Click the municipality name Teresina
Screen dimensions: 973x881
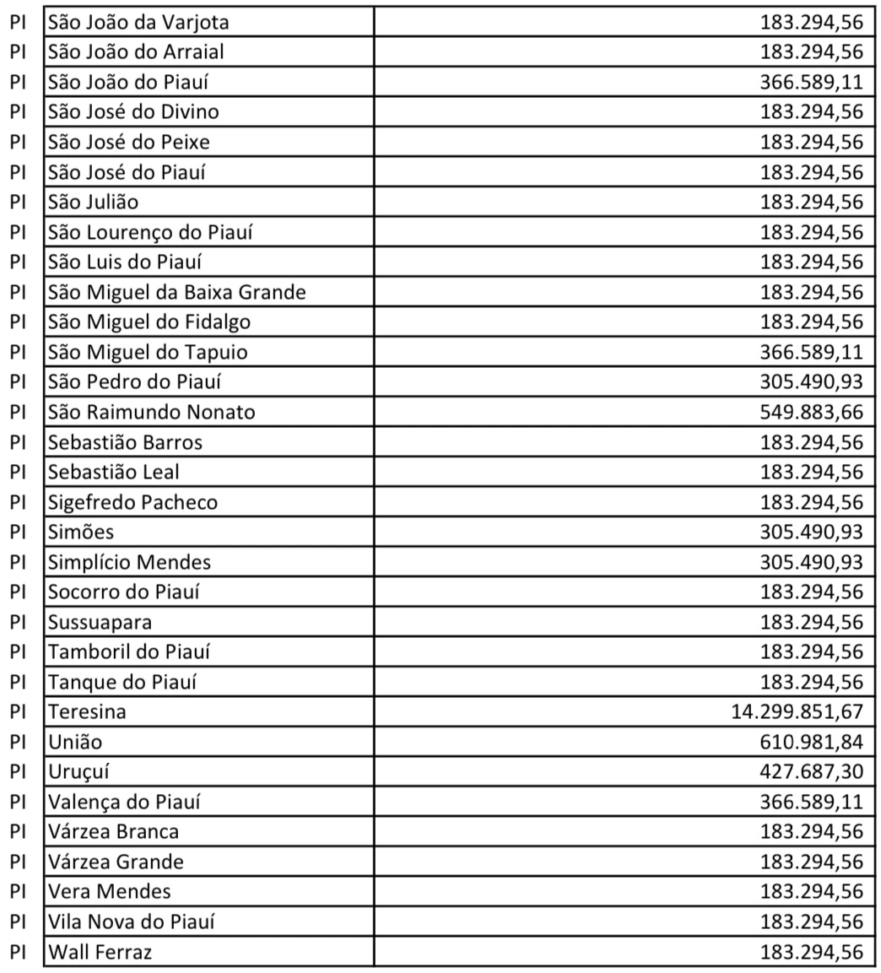point(87,711)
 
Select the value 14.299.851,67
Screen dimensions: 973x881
point(797,711)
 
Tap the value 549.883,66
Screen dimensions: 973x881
point(811,412)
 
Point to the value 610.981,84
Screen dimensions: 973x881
point(811,742)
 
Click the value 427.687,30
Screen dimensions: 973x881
point(811,771)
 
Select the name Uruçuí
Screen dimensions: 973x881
point(78,771)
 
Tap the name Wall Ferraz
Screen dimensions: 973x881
point(100,953)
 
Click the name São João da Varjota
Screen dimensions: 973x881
point(138,21)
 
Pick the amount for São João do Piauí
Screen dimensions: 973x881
point(811,82)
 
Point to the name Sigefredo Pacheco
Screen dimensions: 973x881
point(132,502)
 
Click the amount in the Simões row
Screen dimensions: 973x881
point(811,532)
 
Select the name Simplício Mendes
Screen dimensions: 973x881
point(129,562)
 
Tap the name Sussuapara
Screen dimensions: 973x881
point(100,622)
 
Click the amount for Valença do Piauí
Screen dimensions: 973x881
point(811,802)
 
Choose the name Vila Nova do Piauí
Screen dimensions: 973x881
point(131,922)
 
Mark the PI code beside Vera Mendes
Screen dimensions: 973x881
point(19,892)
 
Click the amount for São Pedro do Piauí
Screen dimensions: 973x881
point(811,381)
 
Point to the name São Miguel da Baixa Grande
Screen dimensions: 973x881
point(176,292)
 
